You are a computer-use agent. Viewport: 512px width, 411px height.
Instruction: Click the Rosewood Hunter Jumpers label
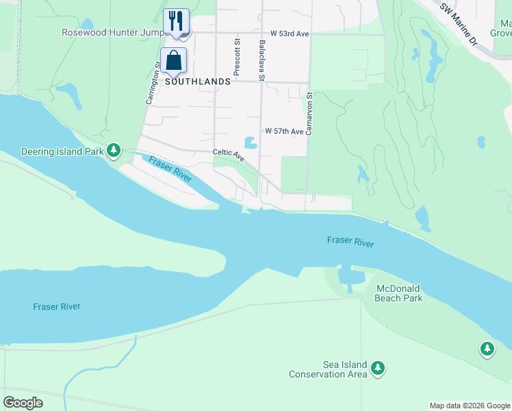pos(114,32)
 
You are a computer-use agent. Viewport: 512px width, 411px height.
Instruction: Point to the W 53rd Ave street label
pos(290,33)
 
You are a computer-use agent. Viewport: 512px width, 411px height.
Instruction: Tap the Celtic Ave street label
pos(229,155)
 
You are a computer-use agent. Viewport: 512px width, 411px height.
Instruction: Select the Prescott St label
pos(237,56)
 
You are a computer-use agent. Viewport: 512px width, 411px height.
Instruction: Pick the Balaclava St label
pos(262,60)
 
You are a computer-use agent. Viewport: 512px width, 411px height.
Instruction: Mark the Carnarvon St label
pos(309,114)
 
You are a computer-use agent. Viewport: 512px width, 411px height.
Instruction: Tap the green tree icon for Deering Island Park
pos(114,150)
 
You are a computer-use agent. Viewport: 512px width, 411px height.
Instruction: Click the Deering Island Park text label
pos(62,151)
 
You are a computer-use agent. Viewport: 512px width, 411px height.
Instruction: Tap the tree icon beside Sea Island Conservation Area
pos(378,369)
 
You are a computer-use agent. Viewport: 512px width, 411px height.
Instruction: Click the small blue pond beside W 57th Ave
pos(251,143)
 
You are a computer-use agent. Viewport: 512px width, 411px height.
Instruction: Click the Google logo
pos(23,402)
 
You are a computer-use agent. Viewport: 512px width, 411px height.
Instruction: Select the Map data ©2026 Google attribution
pos(469,406)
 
